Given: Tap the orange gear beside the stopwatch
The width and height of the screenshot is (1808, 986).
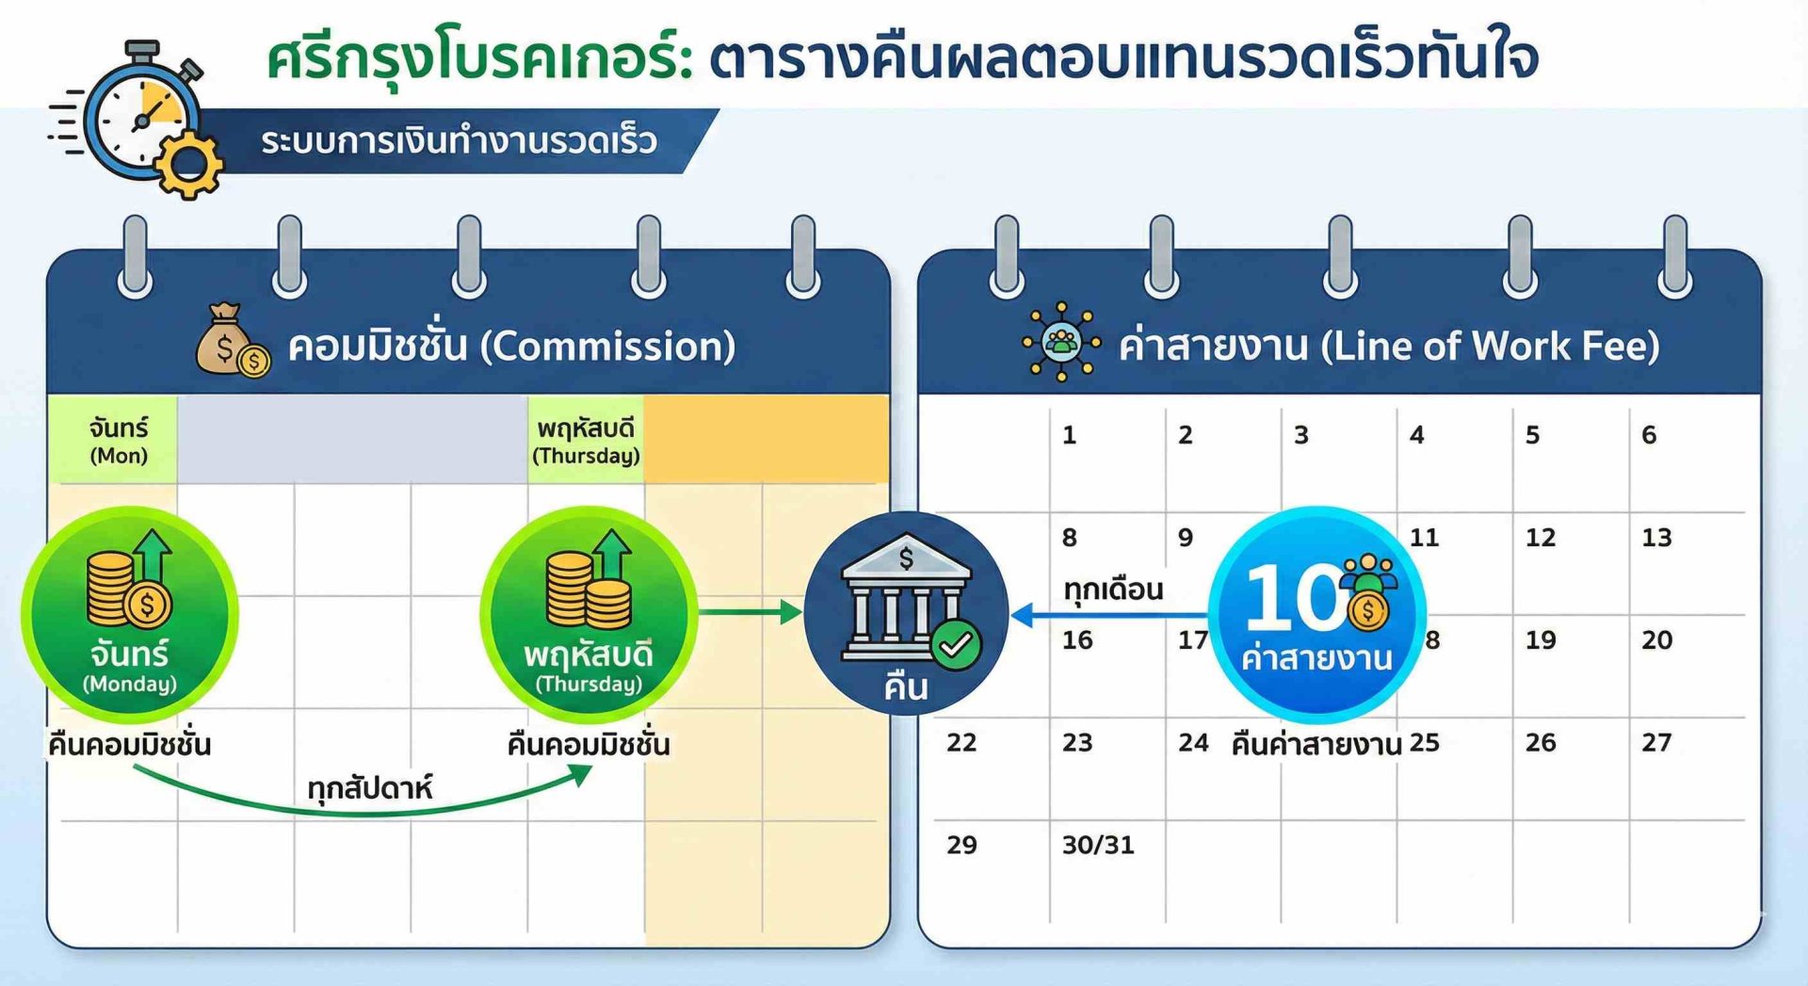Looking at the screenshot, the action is [x=188, y=165].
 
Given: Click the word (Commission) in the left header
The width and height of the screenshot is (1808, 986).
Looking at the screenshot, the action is [x=607, y=347].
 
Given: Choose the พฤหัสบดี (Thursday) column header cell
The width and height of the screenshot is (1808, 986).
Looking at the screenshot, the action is [x=586, y=439].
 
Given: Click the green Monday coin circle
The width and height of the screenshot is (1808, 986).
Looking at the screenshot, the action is [x=130, y=615].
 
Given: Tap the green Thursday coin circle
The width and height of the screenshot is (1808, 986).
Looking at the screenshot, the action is [x=589, y=615].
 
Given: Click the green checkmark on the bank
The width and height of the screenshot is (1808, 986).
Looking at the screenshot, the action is [x=956, y=645].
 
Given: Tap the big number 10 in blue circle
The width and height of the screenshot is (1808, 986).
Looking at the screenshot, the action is [x=1295, y=597].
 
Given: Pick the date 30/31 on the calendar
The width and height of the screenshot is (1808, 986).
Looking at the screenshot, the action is [x=1098, y=845].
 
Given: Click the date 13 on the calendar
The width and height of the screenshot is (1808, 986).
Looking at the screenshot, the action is [x=1656, y=538].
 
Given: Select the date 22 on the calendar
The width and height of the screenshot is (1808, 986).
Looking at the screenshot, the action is [x=961, y=743].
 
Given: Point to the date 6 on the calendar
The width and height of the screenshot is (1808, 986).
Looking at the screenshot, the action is [x=1649, y=435].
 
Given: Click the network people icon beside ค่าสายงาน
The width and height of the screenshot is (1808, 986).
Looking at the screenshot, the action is [x=1061, y=342].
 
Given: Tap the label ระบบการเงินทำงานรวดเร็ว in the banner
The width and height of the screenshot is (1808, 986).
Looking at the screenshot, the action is [x=459, y=141].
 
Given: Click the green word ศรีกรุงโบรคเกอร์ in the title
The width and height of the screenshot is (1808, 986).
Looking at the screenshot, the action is [x=480, y=58].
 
